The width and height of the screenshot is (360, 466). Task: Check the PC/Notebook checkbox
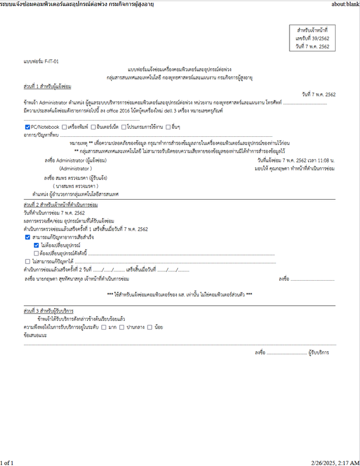point(28,126)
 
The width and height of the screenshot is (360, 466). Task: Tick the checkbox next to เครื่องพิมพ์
point(64,126)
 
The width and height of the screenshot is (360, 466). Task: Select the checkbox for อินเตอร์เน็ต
point(93,126)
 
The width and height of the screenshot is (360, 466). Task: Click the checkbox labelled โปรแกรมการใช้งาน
point(123,126)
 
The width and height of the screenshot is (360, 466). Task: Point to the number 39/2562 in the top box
point(317,37)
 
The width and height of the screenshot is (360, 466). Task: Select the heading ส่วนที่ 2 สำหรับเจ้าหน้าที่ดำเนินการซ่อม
point(61,206)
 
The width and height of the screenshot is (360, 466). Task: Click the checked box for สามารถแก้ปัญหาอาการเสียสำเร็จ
point(28,238)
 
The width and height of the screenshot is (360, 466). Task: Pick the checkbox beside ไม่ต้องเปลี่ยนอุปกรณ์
point(36,246)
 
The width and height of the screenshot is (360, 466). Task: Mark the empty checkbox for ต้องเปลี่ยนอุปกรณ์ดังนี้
point(36,254)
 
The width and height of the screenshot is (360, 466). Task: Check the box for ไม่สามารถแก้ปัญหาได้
point(28,262)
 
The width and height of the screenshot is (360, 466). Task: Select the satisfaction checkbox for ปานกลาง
point(122,327)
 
